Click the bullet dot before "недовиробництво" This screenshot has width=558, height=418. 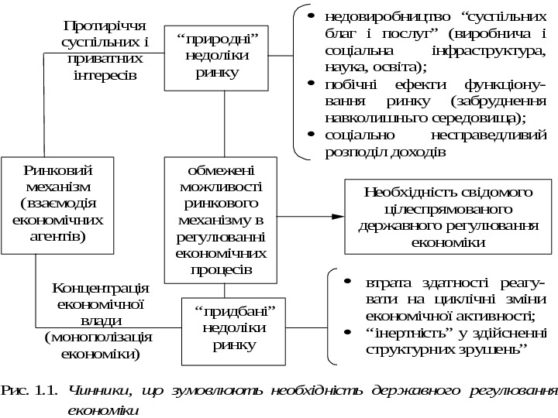coord(311,16)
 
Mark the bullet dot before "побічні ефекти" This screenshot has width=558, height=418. coord(311,84)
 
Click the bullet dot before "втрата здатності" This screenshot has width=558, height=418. coord(349,282)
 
